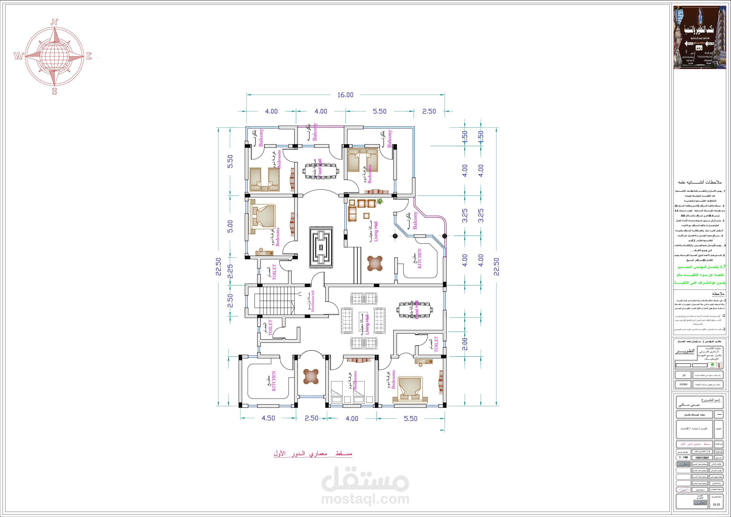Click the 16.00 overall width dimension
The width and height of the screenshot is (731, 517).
click(345, 95)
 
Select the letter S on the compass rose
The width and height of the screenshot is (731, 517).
click(54, 91)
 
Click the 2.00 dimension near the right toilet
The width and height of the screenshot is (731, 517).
click(465, 344)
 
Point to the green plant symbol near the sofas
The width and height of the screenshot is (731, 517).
click(379, 202)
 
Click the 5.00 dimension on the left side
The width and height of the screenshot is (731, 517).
click(230, 226)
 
